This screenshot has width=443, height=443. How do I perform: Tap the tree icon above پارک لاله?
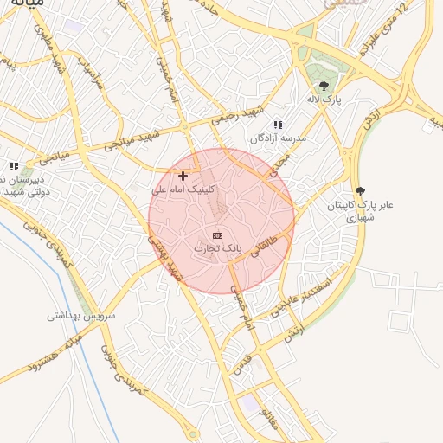(x=324, y=86)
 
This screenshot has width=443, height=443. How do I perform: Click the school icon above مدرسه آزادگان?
(x=278, y=125)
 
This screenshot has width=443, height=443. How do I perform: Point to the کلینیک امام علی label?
(x=183, y=189)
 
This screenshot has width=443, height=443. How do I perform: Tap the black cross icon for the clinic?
(x=183, y=176)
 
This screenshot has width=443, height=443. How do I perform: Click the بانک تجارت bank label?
(x=216, y=249)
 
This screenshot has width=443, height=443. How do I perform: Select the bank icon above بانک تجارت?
(x=217, y=235)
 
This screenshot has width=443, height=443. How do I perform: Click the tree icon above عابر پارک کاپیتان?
(x=360, y=191)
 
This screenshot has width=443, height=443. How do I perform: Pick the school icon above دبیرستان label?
(x=13, y=166)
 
